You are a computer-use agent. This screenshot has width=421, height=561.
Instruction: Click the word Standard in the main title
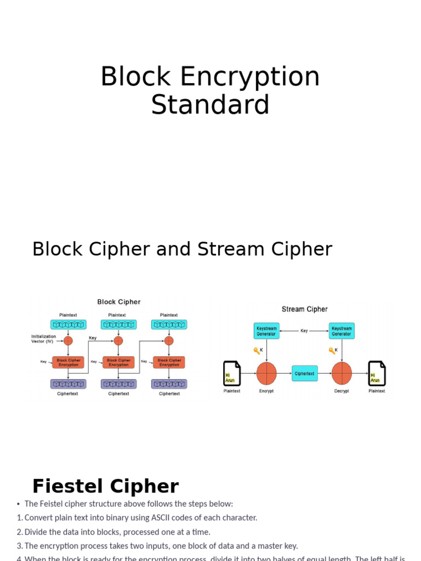210,105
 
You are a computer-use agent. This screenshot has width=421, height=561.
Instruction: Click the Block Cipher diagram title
119,302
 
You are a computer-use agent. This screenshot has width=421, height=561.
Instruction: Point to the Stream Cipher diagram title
304,309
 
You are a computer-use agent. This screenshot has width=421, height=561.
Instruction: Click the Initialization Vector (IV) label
43,339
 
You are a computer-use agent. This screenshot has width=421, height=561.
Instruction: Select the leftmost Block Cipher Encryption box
69,362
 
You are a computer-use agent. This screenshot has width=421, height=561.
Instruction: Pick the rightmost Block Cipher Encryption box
169,362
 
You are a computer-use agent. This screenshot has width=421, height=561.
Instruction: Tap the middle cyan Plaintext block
118,324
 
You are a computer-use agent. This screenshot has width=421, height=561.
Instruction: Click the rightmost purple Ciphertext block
169,384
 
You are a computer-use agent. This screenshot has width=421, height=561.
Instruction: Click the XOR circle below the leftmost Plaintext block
68,341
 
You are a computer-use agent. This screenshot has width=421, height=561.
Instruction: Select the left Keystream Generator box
266,331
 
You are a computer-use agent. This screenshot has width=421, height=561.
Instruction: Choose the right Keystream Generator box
342,331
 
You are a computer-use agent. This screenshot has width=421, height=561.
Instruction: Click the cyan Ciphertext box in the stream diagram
304,374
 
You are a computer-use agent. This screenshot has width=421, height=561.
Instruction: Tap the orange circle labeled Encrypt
266,374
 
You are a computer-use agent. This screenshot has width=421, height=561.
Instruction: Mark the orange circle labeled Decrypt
342,374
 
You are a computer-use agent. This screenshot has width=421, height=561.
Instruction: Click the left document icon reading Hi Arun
232,374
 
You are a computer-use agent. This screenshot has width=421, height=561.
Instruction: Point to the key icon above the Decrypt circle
332,351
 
